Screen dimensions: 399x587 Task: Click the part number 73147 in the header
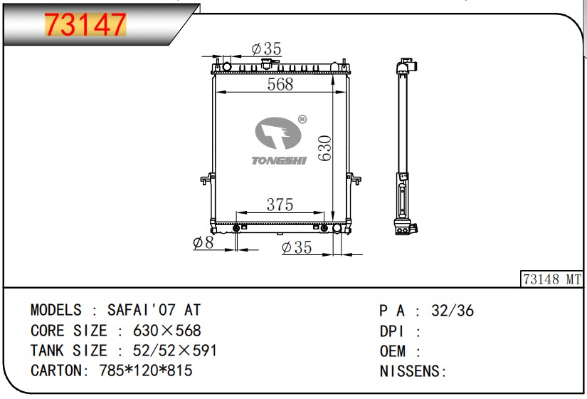(85, 26)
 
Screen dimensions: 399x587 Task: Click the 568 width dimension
(280, 84)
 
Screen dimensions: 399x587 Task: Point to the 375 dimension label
(280, 204)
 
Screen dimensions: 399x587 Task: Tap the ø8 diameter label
(203, 243)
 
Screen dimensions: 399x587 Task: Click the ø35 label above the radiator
(267, 48)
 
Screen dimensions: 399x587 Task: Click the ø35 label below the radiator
(297, 247)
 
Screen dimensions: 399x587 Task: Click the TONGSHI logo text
(279, 161)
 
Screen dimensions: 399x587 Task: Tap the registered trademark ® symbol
(302, 120)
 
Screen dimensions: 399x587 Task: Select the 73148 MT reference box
(552, 279)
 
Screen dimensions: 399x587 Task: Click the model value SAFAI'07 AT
(154, 311)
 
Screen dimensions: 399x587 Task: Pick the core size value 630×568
(167, 331)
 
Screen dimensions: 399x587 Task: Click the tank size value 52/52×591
(175, 351)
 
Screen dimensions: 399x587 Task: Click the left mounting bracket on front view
(208, 178)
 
